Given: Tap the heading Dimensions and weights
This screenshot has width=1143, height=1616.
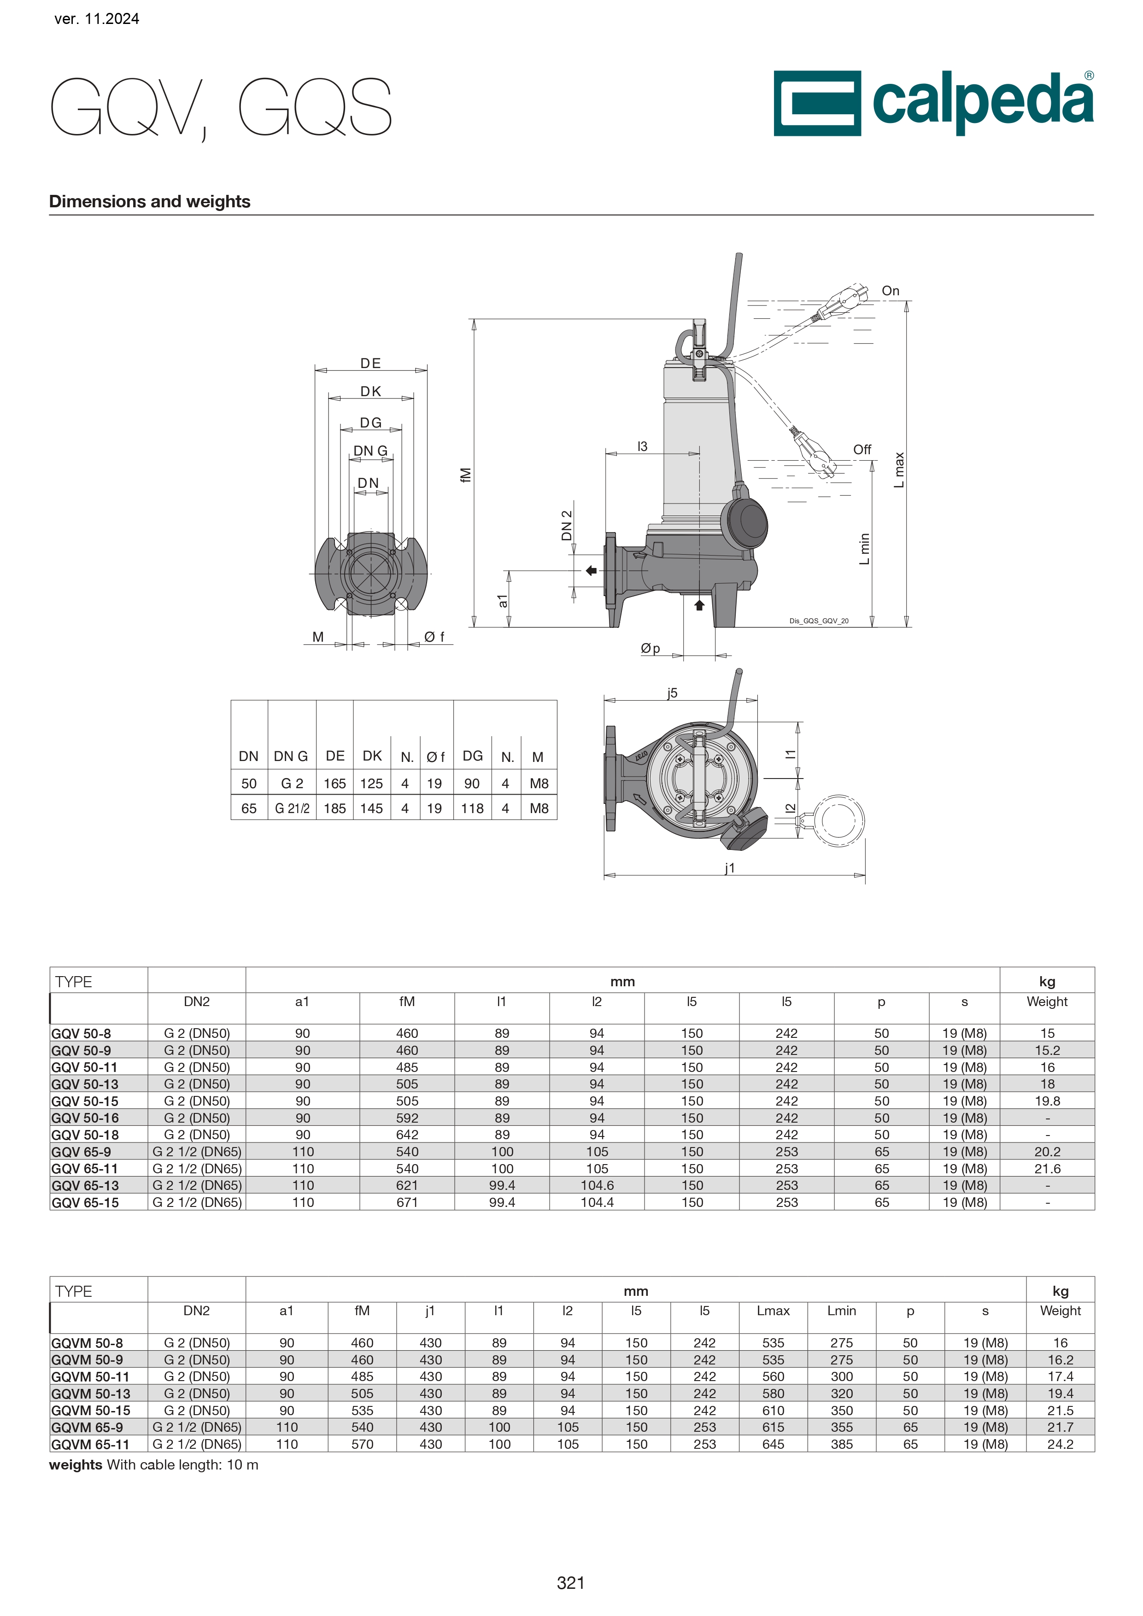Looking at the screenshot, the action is pyautogui.click(x=150, y=201).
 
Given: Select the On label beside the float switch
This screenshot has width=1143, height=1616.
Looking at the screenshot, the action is pyautogui.click(x=891, y=291).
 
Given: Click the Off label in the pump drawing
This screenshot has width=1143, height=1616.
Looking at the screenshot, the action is pyautogui.click(x=862, y=449).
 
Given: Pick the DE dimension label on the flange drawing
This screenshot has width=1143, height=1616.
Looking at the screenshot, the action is pyautogui.click(x=370, y=363).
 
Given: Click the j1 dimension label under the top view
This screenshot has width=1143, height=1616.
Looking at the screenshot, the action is pyautogui.click(x=730, y=868).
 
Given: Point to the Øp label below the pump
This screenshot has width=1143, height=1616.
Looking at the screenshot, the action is pyautogui.click(x=651, y=648).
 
